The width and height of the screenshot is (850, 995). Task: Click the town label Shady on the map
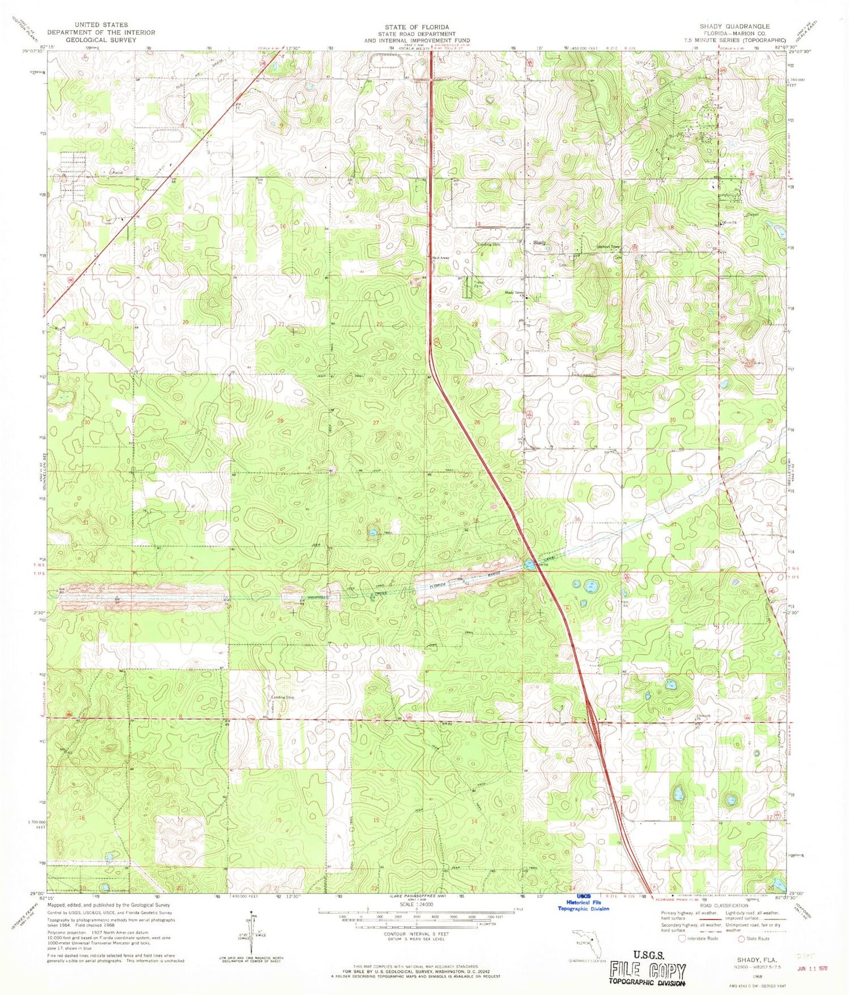coord(539,243)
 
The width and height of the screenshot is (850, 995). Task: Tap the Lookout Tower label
coord(609,247)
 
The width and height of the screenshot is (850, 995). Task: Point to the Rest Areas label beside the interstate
coord(441,258)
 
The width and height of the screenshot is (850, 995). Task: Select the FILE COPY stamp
coord(648,970)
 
